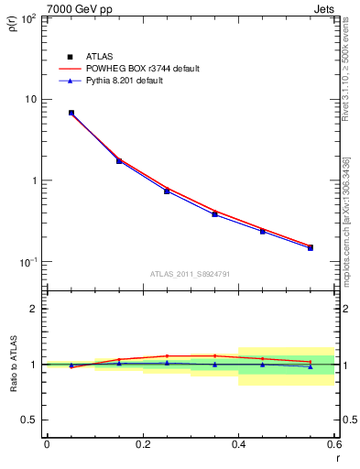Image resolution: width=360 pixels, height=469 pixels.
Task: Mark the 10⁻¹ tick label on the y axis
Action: coord(27,262)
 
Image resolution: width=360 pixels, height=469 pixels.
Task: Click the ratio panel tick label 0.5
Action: coord(29,420)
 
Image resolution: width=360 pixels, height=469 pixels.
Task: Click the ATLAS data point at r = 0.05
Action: coord(71,113)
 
